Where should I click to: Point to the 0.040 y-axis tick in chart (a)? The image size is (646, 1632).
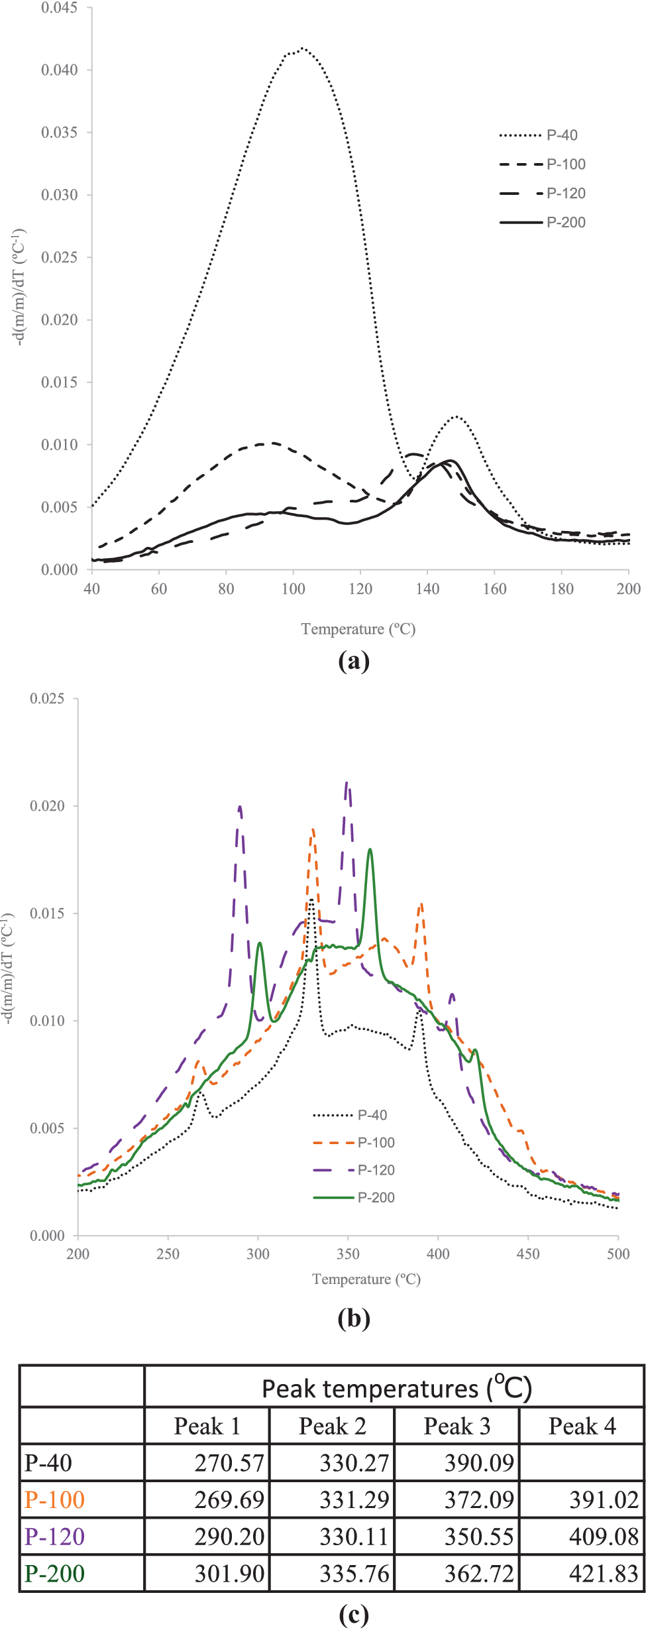pos(59,70)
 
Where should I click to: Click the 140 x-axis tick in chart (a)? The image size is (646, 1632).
pos(427,589)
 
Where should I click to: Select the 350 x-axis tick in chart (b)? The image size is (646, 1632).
pos(348,1253)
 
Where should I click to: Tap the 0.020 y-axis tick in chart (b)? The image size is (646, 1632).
pos(47,806)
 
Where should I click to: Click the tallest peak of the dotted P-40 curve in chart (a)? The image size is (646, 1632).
pos(302,48)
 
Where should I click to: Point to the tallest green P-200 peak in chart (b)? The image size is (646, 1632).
pos(370,850)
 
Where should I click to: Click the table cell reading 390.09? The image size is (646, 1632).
pos(478,1463)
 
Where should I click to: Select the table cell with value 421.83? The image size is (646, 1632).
pos(603,1573)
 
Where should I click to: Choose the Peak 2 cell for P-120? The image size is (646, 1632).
pos(354,1537)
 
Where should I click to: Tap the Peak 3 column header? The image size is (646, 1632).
pos(457,1426)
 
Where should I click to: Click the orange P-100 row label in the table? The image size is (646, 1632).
pos(54,1499)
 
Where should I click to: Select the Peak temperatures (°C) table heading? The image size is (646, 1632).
pos(396,1388)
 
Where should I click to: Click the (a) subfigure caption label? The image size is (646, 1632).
pos(353,661)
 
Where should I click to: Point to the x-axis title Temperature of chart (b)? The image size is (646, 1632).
pos(366,1279)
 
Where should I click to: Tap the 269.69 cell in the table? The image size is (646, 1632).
pos(229,1499)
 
